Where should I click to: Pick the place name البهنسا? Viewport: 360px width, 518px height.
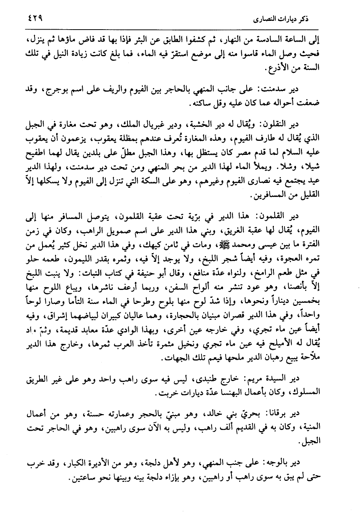220,392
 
